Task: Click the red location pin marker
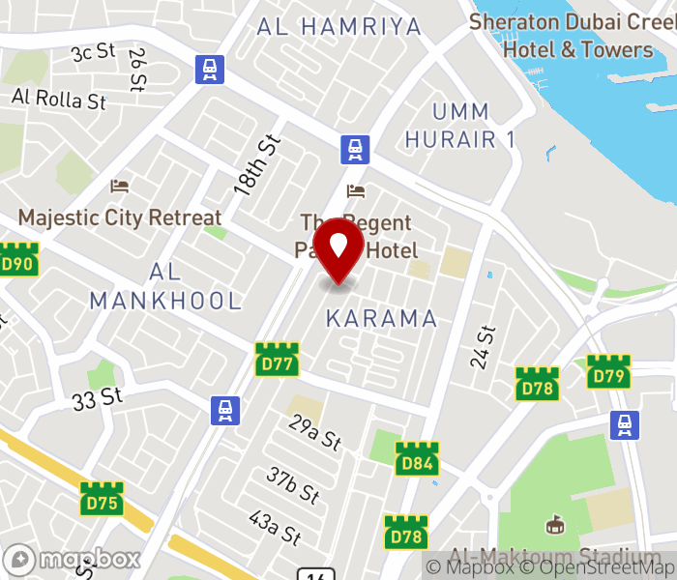[x=339, y=248]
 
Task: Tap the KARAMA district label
[x=381, y=318]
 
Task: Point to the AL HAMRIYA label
[x=339, y=26]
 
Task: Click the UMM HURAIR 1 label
[x=459, y=125]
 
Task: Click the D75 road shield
[x=102, y=499]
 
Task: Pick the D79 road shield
[x=608, y=372]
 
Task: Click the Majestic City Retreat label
[x=120, y=217]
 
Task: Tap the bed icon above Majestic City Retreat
[x=120, y=186]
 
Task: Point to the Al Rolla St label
[x=59, y=99]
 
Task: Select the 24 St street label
[x=483, y=347]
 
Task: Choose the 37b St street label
[x=294, y=485]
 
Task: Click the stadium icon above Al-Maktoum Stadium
[x=555, y=525]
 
